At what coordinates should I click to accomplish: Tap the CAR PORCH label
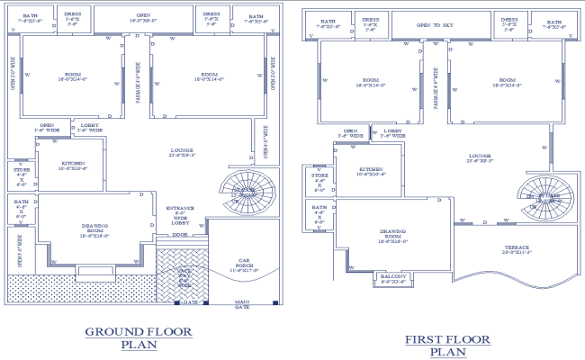242,266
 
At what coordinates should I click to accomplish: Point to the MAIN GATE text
242,303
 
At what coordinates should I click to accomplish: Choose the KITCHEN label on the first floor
371,171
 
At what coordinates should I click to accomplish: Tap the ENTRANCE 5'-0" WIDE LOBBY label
180,215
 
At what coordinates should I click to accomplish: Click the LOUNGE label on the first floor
479,159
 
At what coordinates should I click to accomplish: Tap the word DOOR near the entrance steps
180,235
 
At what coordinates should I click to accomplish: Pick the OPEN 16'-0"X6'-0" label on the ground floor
143,18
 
